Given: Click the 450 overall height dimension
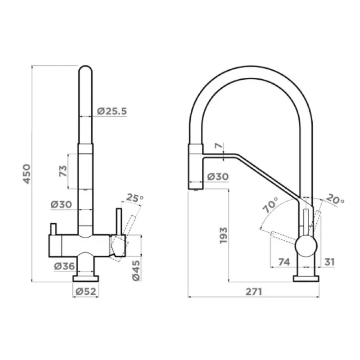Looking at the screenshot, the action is pyautogui.click(x=27, y=174).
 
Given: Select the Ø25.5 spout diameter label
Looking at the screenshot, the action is pyautogui.click(x=112, y=111).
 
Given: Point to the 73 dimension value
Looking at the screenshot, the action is pyautogui.click(x=63, y=171).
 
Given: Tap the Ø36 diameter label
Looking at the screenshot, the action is pyautogui.click(x=64, y=266).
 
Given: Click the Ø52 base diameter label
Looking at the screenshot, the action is pyautogui.click(x=85, y=291).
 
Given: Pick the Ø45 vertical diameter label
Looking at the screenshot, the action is pyautogui.click(x=136, y=270).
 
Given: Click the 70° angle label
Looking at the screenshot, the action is pyautogui.click(x=270, y=205).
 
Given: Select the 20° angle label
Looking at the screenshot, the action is pyautogui.click(x=335, y=199).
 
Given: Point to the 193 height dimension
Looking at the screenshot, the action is pyautogui.click(x=223, y=235).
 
